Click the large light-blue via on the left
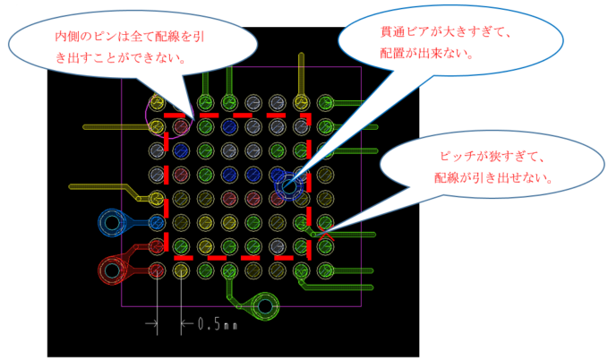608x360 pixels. point(113,221)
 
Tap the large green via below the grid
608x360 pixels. point(265,306)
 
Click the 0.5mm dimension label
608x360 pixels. point(218,324)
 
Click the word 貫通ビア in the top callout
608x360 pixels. point(405,33)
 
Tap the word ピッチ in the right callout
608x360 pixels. point(457,157)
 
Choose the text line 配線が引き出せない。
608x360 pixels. point(491,178)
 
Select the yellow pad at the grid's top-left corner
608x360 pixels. point(158,103)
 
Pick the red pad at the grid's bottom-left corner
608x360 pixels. point(158,269)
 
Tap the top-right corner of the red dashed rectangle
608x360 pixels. point(308,116)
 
